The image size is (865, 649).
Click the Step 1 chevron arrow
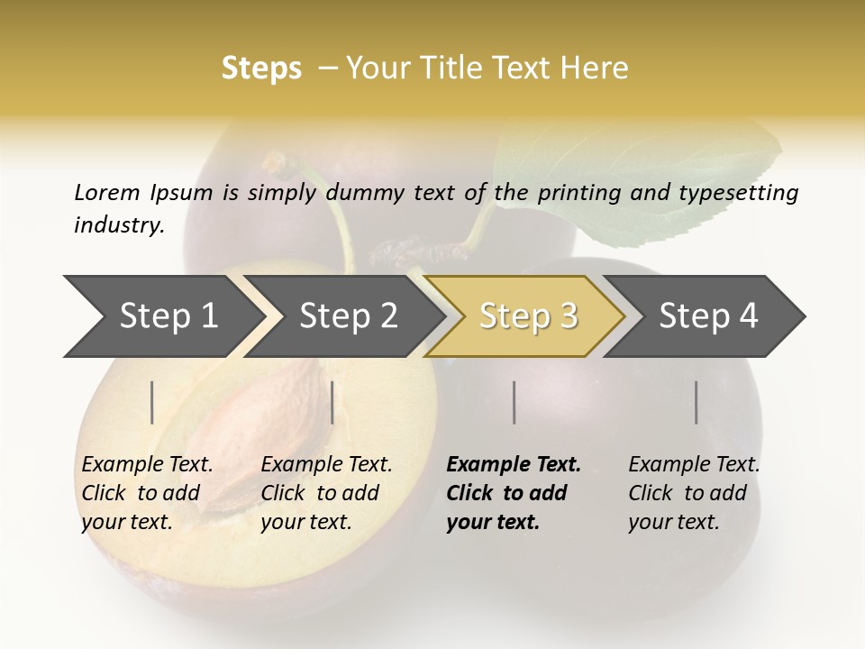tap(162, 316)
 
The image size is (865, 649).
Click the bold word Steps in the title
tap(261, 69)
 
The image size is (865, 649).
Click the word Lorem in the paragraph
tap(106, 192)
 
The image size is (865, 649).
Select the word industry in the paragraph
tap(118, 225)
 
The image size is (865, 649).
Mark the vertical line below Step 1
tap(152, 402)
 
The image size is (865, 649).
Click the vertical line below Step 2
tap(332, 402)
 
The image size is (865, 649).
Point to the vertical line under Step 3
tap(514, 402)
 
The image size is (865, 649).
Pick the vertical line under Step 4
tap(697, 402)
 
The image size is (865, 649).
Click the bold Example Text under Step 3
tap(514, 465)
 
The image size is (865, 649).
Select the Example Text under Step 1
tap(147, 465)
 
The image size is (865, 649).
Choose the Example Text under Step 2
tap(326, 465)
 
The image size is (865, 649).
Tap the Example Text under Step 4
tap(694, 465)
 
